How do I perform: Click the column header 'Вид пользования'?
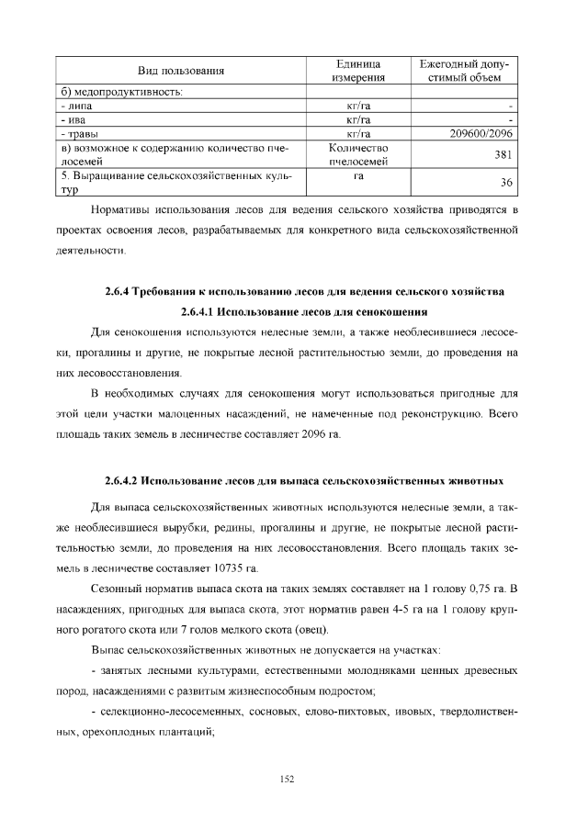181,71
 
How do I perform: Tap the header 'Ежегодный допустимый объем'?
465,71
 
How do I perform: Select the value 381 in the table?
502,155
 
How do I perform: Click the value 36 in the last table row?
504,183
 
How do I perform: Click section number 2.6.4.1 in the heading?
202,310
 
